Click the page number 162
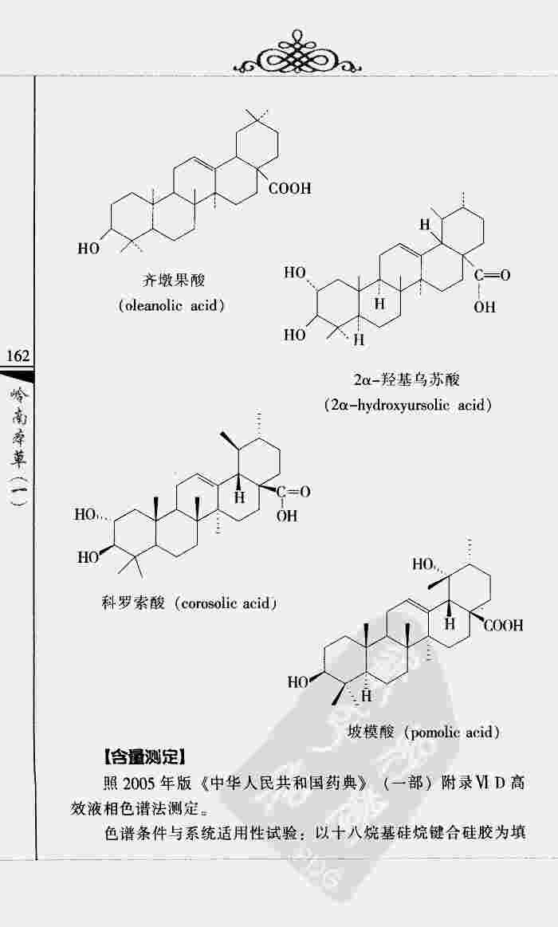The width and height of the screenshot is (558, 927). tap(16, 355)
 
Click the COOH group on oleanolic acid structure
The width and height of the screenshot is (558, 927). tap(289, 189)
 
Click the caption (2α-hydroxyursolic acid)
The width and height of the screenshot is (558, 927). tap(407, 405)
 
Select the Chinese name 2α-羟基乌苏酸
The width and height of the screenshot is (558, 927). tap(408, 380)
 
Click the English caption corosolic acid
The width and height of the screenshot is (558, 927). tap(227, 603)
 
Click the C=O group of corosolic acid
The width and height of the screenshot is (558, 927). tap(293, 492)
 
